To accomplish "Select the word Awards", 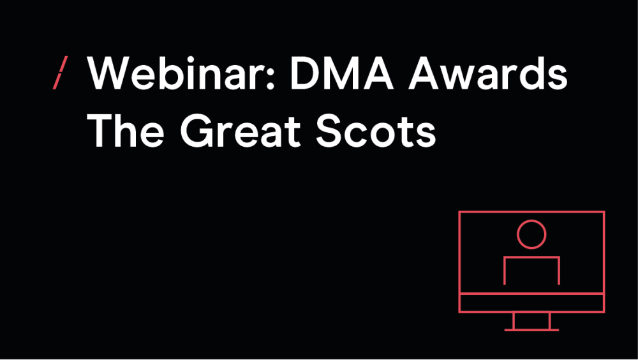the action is pyautogui.click(x=488, y=73).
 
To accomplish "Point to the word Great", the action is pyautogui.click(x=241, y=131).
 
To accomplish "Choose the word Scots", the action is pyautogui.click(x=376, y=131).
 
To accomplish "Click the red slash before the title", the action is pyautogui.click(x=60, y=73).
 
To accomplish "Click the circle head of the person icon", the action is pyautogui.click(x=531, y=220).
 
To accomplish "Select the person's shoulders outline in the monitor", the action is pyautogui.click(x=532, y=257).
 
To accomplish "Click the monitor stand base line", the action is pyautogui.click(x=531, y=330).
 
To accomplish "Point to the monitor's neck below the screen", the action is pyautogui.click(x=514, y=320).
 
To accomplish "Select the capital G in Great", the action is pyautogui.click(x=198, y=131).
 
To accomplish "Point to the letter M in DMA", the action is pyautogui.click(x=342, y=73).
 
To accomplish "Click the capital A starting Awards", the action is pyautogui.click(x=424, y=73).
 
